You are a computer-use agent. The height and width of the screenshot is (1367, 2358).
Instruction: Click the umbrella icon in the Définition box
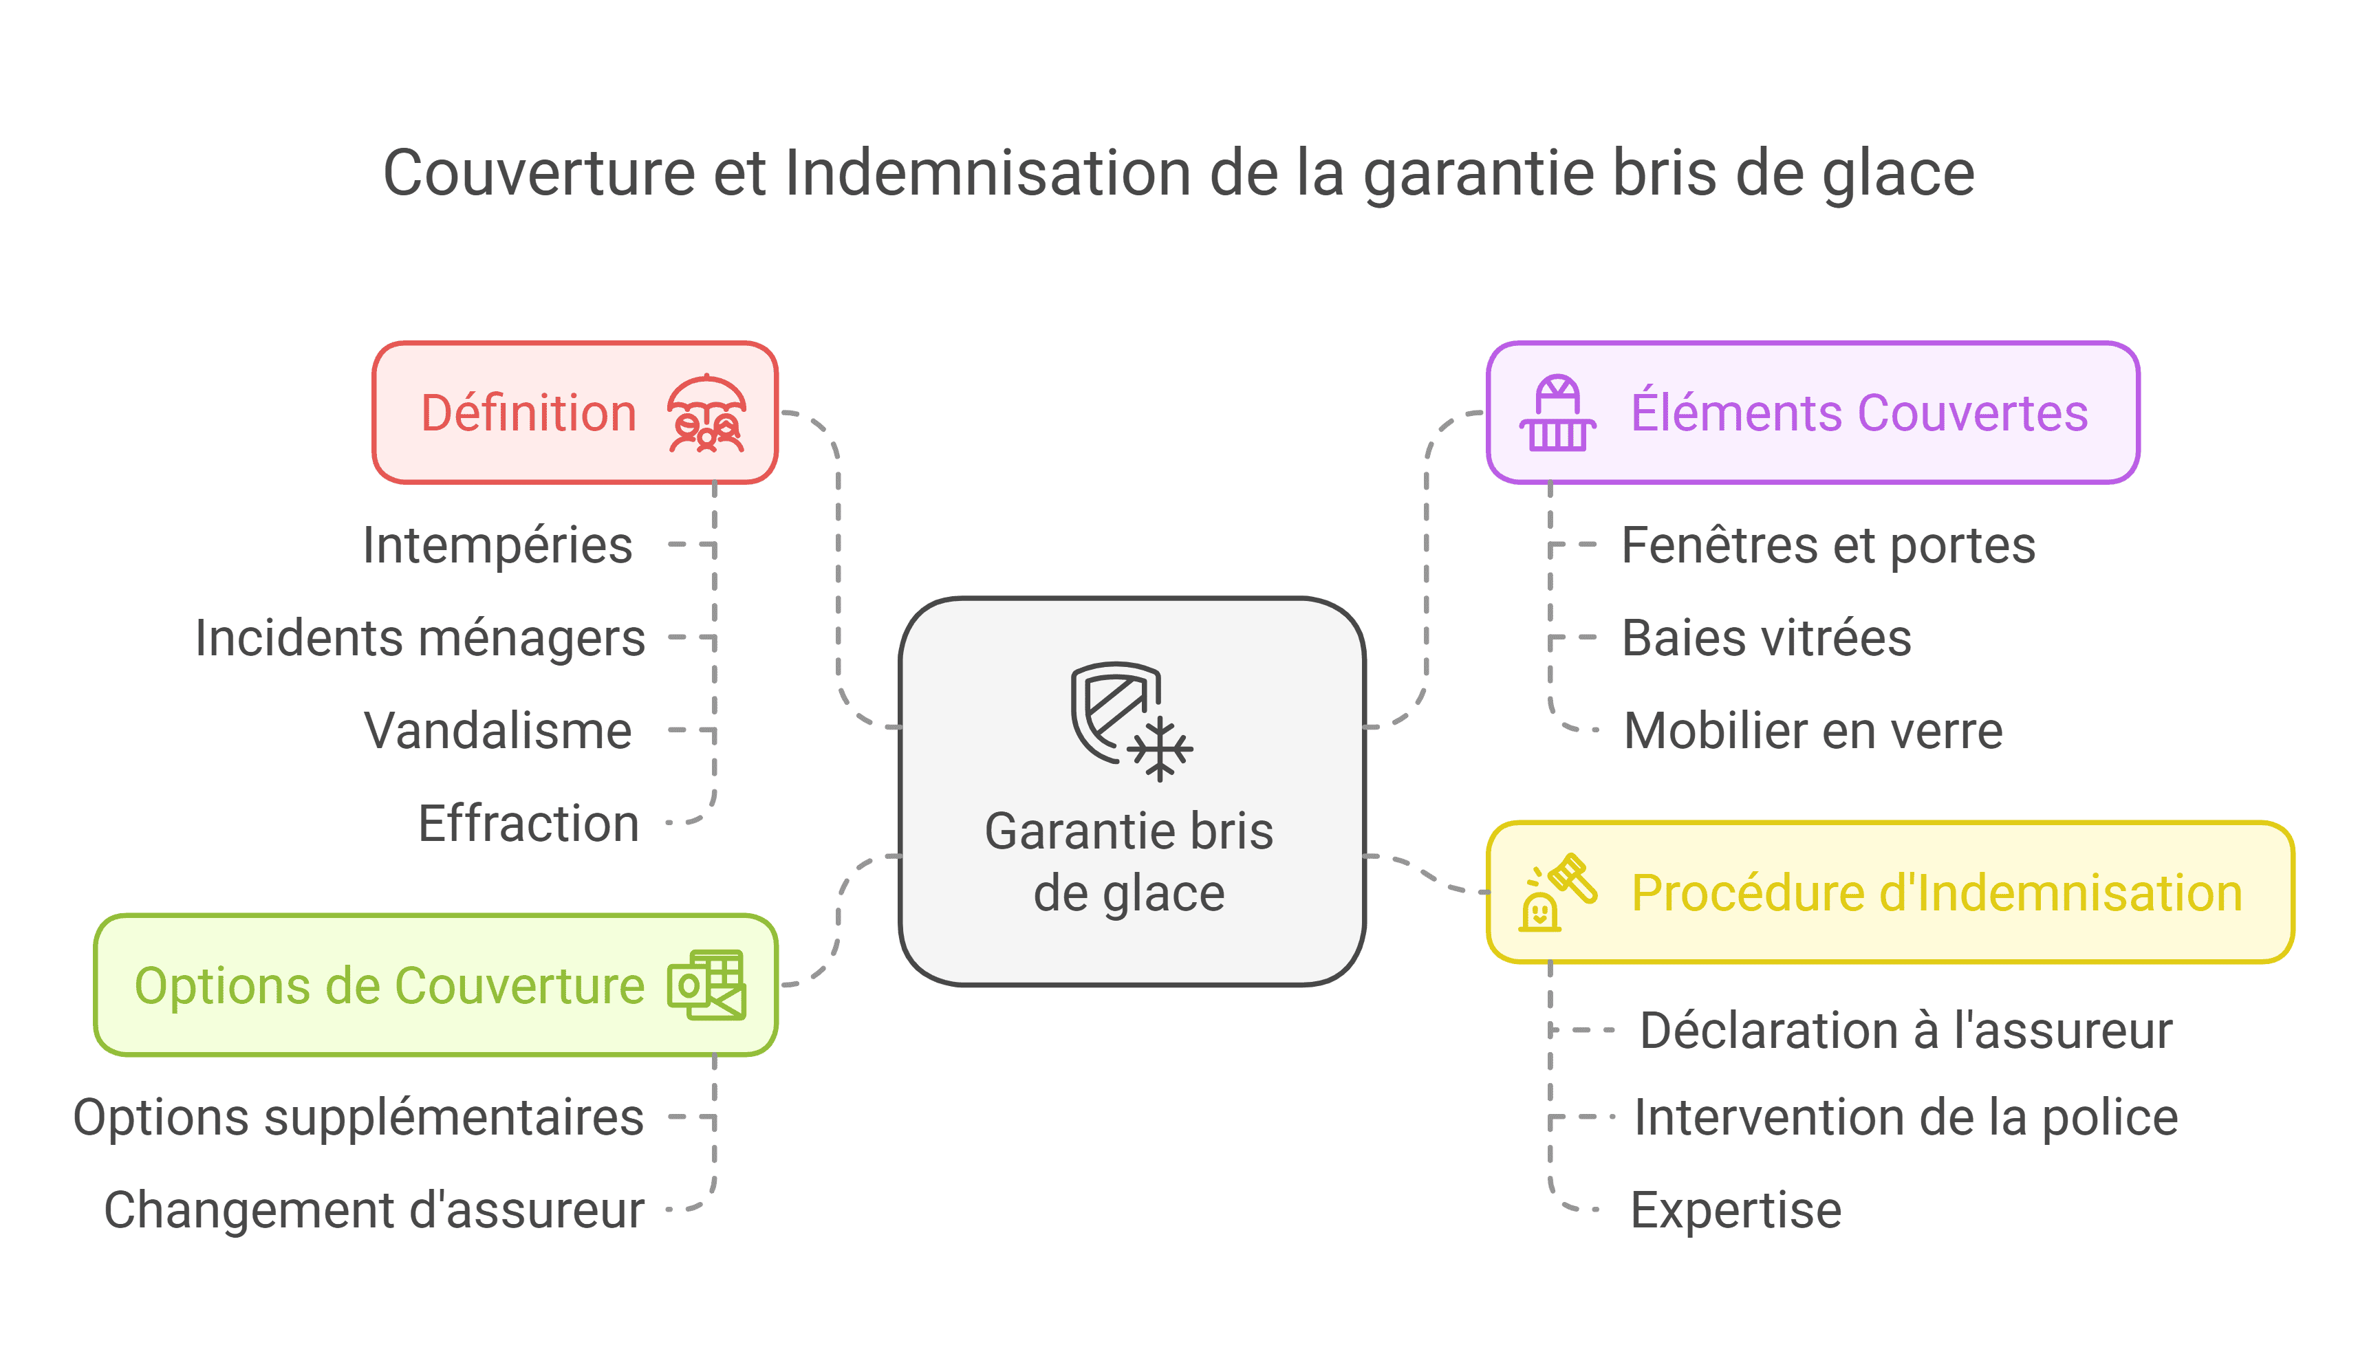click(706, 413)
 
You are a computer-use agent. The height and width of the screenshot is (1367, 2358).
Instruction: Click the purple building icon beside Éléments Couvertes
click(1557, 413)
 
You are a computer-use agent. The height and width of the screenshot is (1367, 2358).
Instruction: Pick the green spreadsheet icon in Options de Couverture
click(706, 985)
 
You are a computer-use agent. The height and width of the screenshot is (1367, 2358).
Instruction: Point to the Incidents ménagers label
click(420, 638)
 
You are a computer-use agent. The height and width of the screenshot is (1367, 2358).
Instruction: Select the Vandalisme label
click(498, 731)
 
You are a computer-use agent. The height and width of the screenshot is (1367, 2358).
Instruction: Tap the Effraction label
click(529, 823)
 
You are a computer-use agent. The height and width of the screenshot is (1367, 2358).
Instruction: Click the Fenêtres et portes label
click(1828, 545)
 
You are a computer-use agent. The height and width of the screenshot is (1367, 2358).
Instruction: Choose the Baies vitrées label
click(1766, 638)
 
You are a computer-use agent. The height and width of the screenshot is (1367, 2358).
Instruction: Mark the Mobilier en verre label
click(1813, 731)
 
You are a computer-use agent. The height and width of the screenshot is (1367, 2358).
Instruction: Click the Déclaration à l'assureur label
click(1906, 1030)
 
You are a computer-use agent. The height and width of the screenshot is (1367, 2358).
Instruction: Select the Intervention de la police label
click(1906, 1117)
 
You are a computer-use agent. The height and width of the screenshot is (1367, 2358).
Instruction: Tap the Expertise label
click(1735, 1210)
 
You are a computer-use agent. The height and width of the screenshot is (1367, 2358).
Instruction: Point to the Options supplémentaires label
click(358, 1117)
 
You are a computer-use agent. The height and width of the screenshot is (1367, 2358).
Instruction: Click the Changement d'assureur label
click(374, 1210)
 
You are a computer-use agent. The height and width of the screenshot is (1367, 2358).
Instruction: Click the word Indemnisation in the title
click(987, 173)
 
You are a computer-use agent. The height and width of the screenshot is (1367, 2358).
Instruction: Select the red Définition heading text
click(529, 413)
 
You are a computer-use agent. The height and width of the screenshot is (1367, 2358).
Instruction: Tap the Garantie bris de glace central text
click(1129, 862)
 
